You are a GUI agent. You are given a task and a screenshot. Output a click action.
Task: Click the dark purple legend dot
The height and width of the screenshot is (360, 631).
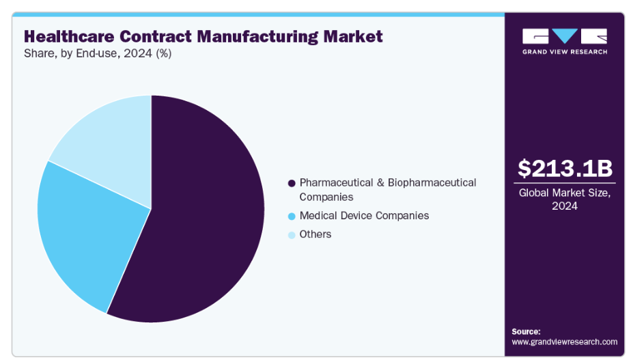(292, 183)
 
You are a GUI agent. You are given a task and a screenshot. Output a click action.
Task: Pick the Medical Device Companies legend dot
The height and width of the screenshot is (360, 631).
(292, 216)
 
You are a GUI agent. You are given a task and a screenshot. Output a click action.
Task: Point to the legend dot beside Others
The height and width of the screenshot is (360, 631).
(292, 235)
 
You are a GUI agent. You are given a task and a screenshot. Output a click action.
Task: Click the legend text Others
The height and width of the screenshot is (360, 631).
(315, 234)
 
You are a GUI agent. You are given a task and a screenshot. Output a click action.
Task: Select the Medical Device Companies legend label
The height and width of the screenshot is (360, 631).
(364, 215)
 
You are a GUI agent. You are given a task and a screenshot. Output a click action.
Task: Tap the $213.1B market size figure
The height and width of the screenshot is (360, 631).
(564, 168)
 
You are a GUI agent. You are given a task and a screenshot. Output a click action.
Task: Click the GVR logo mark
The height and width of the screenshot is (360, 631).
(564, 36)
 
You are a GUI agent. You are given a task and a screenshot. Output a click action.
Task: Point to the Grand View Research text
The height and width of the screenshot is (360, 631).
(564, 51)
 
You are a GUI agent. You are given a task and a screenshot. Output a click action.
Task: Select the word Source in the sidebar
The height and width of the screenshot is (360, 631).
(526, 331)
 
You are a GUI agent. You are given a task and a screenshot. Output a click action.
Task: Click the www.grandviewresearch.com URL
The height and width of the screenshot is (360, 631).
(564, 342)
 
